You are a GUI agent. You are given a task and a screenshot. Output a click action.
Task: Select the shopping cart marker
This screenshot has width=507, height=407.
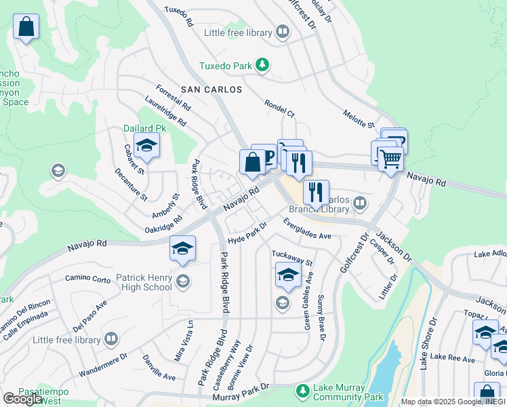(390, 159)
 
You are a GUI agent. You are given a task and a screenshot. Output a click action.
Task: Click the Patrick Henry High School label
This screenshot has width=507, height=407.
(144, 282)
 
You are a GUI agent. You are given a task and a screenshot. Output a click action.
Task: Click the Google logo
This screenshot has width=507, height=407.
(23, 398)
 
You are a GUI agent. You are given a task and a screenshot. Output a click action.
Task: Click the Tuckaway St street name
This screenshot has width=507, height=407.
(292, 258)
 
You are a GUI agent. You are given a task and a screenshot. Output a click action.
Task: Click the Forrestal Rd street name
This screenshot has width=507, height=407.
(173, 99)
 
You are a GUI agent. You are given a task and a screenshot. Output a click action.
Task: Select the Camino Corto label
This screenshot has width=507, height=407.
(87, 278)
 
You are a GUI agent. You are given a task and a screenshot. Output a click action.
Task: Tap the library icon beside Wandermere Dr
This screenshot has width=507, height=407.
(111, 338)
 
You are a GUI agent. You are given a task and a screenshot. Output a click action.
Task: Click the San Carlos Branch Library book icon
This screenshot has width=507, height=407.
(360, 202)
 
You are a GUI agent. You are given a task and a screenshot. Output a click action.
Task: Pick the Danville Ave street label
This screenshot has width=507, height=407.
(159, 367)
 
